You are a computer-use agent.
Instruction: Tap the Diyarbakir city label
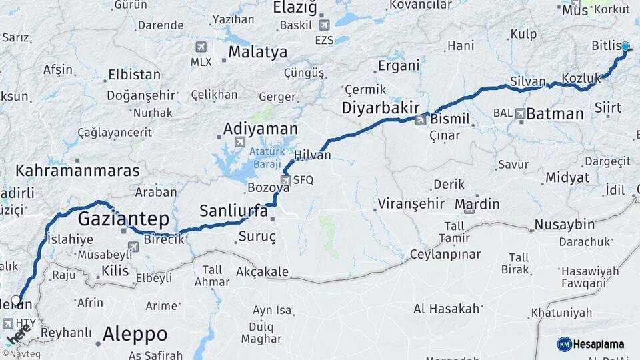coord(381,108)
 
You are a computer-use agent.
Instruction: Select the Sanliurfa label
coord(233,211)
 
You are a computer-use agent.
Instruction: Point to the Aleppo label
coord(135,334)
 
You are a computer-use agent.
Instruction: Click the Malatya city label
coord(257,52)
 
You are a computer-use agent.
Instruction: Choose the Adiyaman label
coord(260,128)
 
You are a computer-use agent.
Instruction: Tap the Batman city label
coord(555,114)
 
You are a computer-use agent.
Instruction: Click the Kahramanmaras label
coord(78,171)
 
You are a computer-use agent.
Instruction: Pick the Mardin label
coord(478,203)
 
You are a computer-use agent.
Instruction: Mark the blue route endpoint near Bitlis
coord(625,46)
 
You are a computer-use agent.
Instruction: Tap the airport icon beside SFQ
coord(285,179)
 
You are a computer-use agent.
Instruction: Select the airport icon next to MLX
coord(201,47)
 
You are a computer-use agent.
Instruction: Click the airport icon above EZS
coord(325,25)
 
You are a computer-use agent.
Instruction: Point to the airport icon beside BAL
coord(520,113)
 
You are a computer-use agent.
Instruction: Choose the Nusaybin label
coord(565,224)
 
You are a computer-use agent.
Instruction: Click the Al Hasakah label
coord(447,309)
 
